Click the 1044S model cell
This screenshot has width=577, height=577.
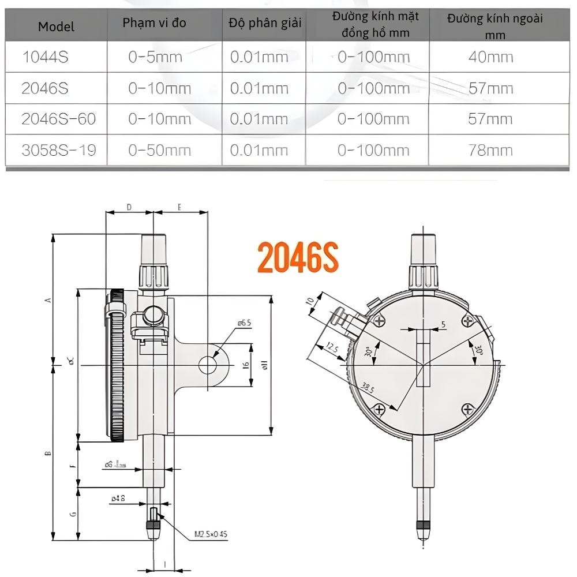(44, 57)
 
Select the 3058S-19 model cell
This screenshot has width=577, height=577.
(58, 150)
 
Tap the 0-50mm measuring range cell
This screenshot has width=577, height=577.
(160, 150)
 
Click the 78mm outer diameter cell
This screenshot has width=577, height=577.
(491, 150)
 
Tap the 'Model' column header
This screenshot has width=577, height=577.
(57, 27)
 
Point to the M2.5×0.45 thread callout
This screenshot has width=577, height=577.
(211, 534)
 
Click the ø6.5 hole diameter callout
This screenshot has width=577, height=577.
(244, 323)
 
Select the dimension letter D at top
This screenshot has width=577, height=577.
(129, 207)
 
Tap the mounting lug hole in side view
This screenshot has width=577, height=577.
(208, 365)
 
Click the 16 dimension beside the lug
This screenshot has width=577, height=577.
(246, 366)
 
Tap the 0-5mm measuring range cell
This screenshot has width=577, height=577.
(155, 57)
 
